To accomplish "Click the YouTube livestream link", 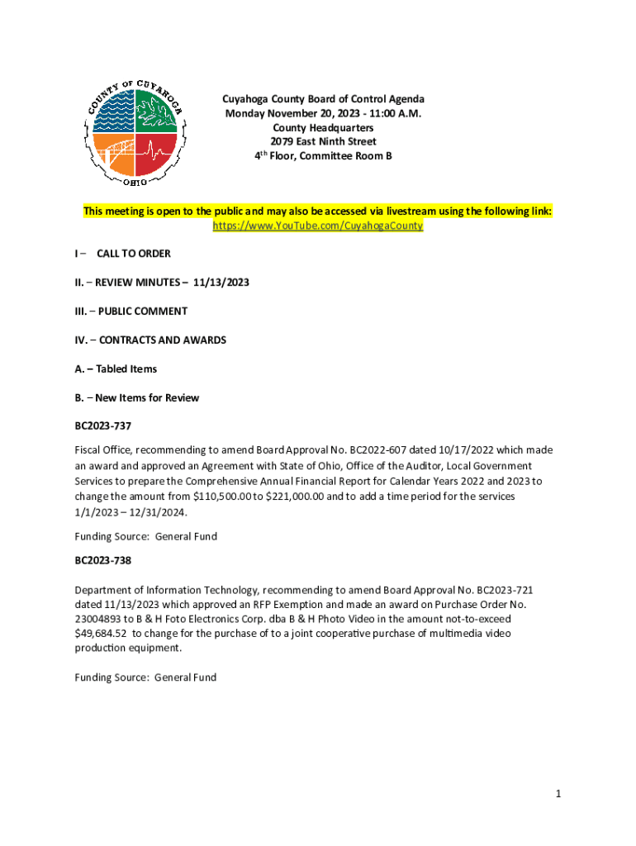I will tap(318, 226).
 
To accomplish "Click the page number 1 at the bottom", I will tap(558, 794).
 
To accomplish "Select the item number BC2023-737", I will tap(103, 426).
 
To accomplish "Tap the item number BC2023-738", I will tap(103, 560).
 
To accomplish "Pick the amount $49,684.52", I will tap(102, 633).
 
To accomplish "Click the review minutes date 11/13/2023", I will tap(221, 283).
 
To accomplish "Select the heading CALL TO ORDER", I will tap(134, 254).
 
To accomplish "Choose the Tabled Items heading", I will tap(126, 369).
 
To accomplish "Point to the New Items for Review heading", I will tap(147, 398).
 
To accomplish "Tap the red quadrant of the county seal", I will tap(155, 154).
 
